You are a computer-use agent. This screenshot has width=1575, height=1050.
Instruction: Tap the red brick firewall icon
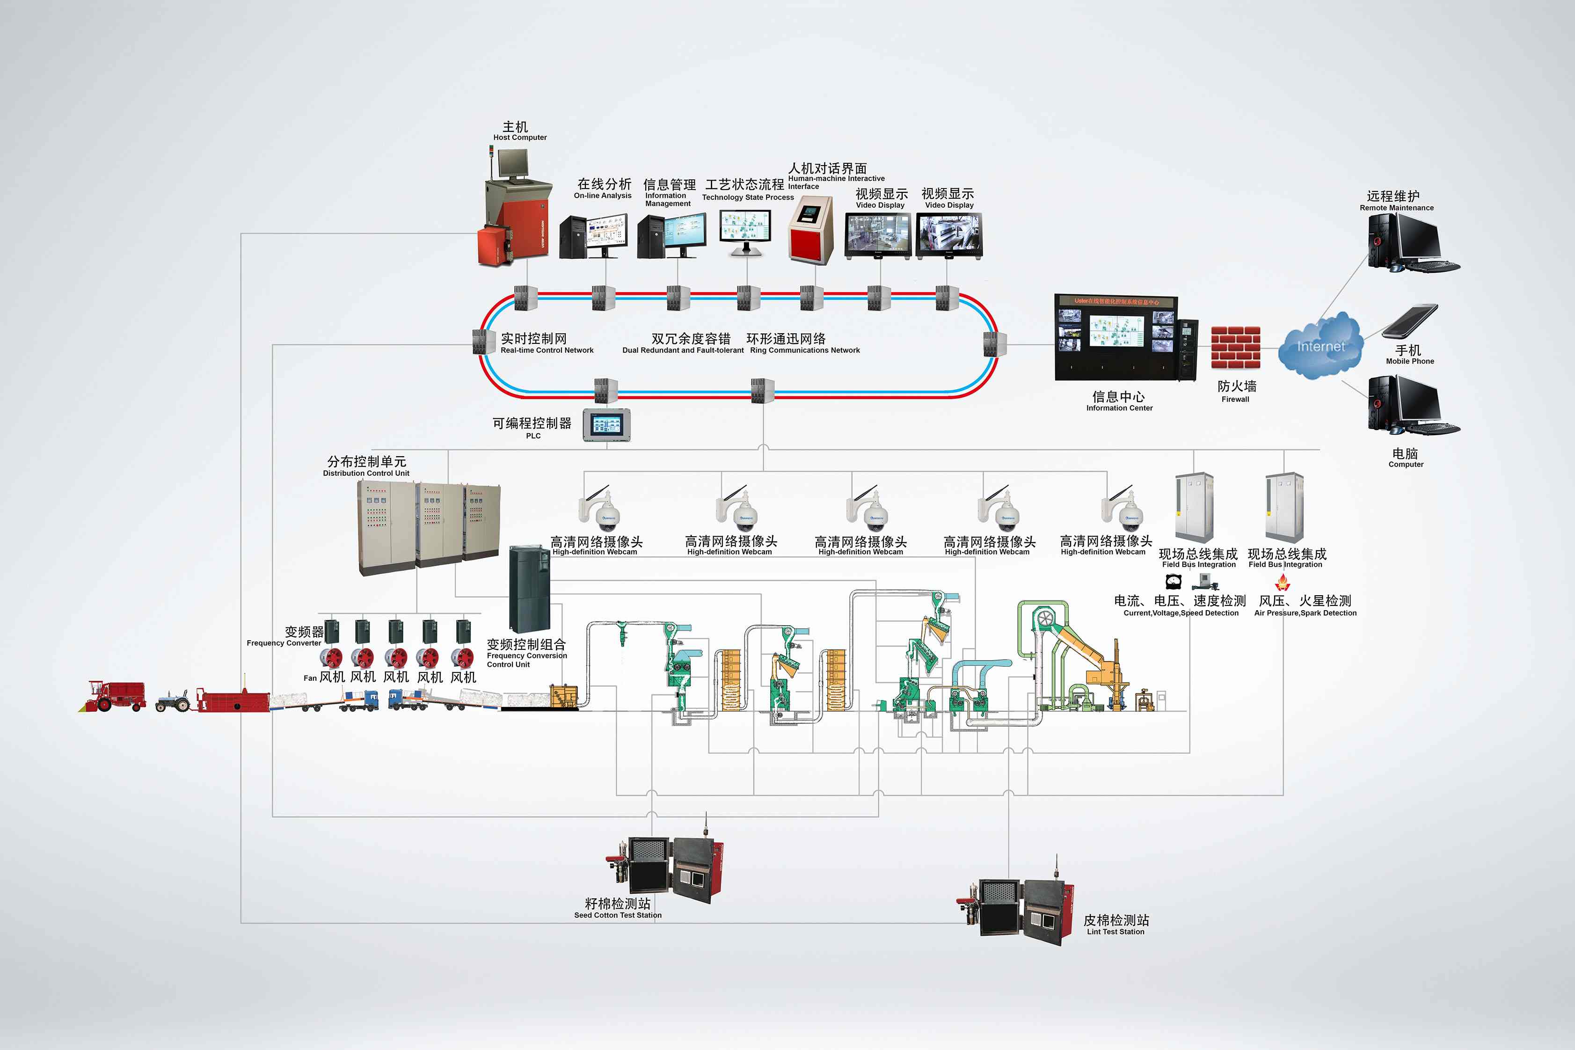click(x=1235, y=348)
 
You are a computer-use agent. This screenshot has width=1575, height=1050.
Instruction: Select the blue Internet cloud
click(x=1319, y=346)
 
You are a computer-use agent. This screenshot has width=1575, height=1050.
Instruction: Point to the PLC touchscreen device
click(x=607, y=424)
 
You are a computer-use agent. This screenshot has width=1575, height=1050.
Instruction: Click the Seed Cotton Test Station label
click(x=617, y=909)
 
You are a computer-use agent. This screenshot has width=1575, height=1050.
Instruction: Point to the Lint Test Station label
click(x=1116, y=926)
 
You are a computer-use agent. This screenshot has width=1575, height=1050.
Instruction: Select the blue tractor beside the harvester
click(x=174, y=701)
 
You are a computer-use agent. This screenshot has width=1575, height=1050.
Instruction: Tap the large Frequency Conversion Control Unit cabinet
click(x=529, y=589)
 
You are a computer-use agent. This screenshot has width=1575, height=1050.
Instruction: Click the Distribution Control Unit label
click(x=366, y=467)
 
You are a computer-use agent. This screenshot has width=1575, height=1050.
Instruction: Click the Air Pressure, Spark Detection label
click(x=1305, y=612)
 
